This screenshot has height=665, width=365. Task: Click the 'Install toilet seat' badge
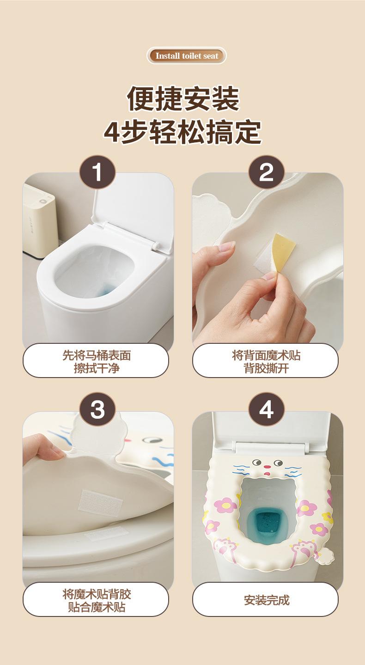[187, 55]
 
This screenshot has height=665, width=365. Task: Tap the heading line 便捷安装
[183, 98]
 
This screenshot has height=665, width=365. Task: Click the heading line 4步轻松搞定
[183, 132]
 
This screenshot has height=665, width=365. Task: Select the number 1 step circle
[97, 172]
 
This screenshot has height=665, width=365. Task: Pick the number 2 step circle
[267, 172]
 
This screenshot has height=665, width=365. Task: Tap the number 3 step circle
[97, 410]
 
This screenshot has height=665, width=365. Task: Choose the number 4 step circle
[267, 410]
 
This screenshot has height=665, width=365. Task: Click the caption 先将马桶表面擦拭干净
[97, 361]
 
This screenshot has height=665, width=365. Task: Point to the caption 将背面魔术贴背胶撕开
[266, 361]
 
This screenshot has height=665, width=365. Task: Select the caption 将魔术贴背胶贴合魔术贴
[97, 600]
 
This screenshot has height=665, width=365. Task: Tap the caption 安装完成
[267, 600]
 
